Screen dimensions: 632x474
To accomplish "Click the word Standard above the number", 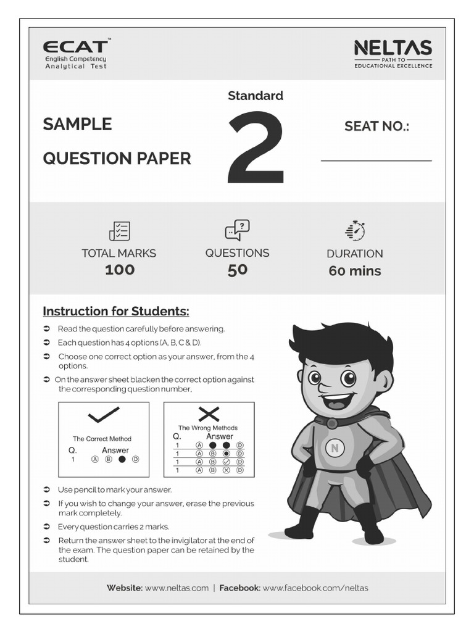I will (x=256, y=96).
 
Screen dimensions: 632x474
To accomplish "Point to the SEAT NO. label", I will (x=376, y=127).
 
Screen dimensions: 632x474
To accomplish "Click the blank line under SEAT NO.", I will (x=376, y=160).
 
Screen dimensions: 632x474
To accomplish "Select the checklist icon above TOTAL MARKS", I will (x=119, y=231).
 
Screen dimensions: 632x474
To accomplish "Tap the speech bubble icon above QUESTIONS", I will (x=237, y=230).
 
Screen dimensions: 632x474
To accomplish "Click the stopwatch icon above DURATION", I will (x=355, y=230).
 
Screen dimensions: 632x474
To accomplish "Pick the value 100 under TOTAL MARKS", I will (x=119, y=270).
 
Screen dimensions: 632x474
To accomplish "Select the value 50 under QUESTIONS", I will (x=237, y=270).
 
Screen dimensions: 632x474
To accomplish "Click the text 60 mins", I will (x=355, y=271).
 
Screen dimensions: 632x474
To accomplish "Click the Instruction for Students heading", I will (x=116, y=310).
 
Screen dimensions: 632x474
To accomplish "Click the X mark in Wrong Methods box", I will (x=209, y=414).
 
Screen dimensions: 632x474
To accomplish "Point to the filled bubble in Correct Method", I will (x=122, y=459).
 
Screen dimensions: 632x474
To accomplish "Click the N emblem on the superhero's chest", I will (x=335, y=449).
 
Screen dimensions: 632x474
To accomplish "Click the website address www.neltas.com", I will (x=177, y=588).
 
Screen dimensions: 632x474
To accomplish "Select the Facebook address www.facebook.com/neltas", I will (x=315, y=588).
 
